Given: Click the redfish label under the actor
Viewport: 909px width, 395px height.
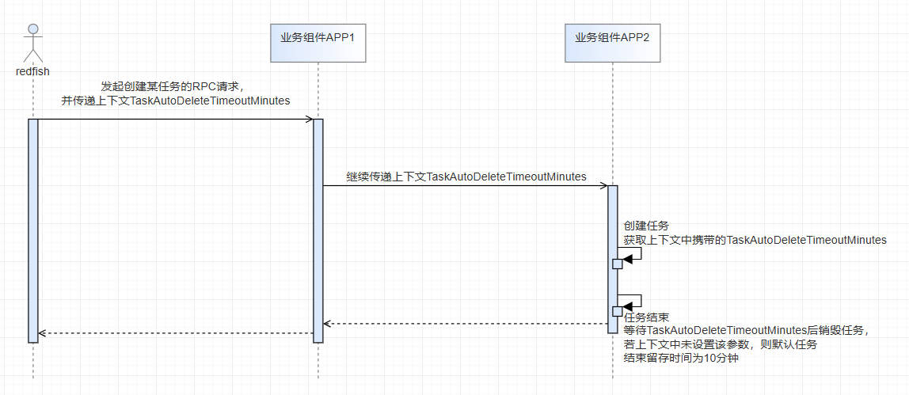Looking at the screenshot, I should tap(32, 71).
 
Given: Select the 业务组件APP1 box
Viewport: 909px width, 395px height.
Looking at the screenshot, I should tap(318, 42).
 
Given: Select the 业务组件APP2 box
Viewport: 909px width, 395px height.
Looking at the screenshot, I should tap(612, 42).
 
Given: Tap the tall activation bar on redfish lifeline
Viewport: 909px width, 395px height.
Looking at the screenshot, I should tap(32, 230).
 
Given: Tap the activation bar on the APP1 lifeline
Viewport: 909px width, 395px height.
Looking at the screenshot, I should tap(318, 230).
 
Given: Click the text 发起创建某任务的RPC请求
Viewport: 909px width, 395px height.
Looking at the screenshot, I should tap(175, 85).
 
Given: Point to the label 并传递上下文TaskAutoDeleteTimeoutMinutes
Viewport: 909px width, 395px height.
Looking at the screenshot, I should tap(175, 101).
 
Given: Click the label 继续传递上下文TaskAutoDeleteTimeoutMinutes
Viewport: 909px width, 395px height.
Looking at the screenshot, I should tap(466, 177).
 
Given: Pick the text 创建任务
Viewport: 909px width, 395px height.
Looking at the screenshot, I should tap(641, 226).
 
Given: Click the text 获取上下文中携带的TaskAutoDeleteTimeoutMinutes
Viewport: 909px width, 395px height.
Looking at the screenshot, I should tap(755, 239).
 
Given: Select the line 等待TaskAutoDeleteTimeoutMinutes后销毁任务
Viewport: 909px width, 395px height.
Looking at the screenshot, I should tap(747, 331).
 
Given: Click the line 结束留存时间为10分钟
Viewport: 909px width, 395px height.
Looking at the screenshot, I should tap(680, 358).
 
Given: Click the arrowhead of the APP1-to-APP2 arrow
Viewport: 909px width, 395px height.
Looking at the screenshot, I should tap(603, 186).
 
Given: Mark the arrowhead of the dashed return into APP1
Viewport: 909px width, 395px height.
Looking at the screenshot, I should tap(327, 323).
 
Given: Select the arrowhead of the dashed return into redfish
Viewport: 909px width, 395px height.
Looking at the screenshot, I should tap(42, 333).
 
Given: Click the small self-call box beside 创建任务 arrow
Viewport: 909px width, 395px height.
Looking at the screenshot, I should tap(618, 264).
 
